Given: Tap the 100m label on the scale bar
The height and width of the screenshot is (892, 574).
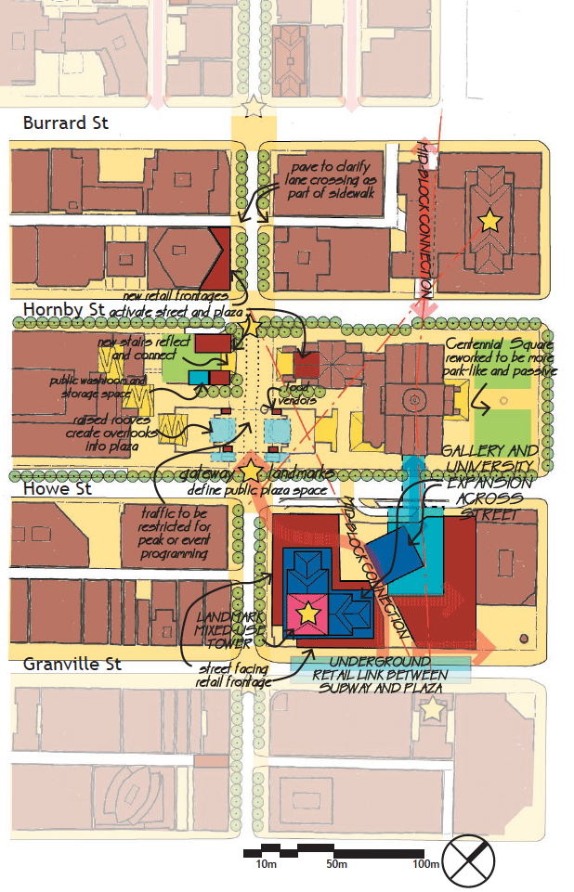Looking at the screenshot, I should (x=426, y=865).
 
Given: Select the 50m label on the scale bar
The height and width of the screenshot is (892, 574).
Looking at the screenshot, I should (x=336, y=865).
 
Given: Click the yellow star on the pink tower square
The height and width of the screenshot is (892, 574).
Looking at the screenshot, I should (x=307, y=614).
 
